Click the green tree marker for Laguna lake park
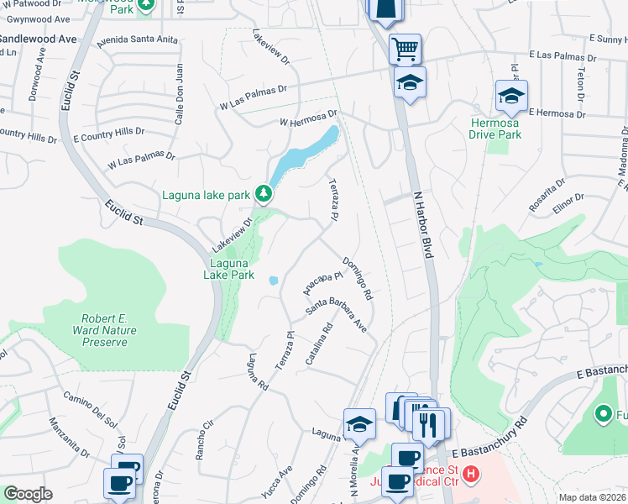(264, 194)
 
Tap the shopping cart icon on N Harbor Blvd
(405, 49)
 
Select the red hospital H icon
(472, 475)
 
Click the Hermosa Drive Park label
(495, 129)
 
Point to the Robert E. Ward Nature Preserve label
(105, 330)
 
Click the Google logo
(28, 493)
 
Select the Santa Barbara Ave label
(337, 312)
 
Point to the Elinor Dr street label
(568, 205)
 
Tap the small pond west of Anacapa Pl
(274, 281)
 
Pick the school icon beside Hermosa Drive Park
(510, 96)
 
